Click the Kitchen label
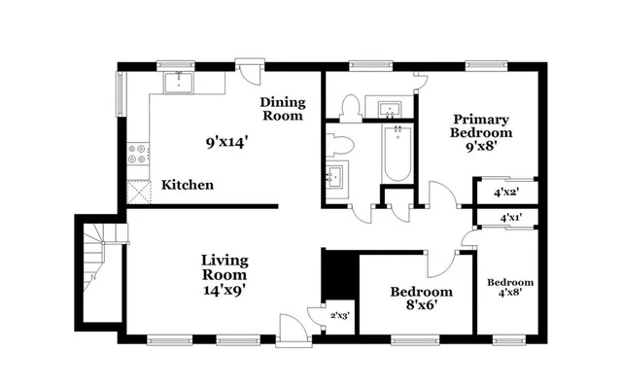(188, 185)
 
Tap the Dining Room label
(282, 108)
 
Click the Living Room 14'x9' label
(225, 275)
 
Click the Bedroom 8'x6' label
(421, 299)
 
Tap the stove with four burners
(138, 156)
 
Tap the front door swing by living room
(291, 328)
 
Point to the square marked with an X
(138, 191)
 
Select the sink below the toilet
(336, 177)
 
